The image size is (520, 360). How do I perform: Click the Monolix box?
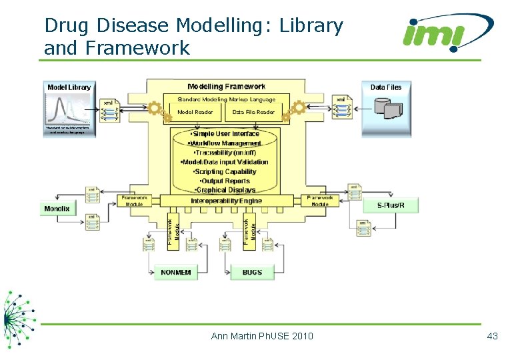pos(57,209)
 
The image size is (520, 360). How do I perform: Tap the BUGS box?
pos(252,272)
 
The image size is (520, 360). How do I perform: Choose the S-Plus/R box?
pos(391,205)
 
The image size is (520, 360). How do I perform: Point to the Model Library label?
pos(69,87)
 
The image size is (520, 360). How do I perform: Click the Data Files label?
pos(386,87)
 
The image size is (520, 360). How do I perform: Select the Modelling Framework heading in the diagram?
pos(226,87)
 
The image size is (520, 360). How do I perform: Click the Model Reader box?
pos(195,112)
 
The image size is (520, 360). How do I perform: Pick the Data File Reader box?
pos(253,112)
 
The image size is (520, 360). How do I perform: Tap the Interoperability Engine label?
pos(226,201)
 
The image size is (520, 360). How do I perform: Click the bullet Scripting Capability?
pos(227,171)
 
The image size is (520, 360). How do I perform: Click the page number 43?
pos(492,336)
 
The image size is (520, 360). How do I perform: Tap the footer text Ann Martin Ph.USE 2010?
pos(262,336)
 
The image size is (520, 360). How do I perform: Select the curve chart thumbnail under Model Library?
pos(69,108)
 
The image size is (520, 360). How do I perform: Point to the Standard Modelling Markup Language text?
pos(226,99)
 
